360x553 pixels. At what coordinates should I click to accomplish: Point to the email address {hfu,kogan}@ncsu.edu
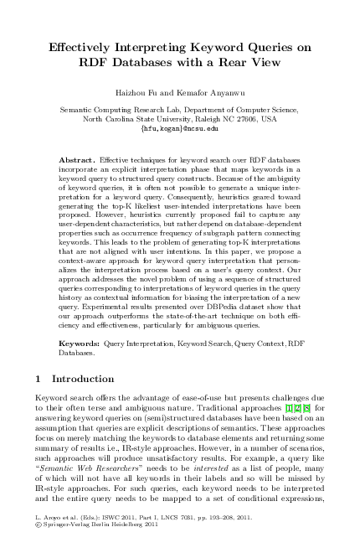pos(180,129)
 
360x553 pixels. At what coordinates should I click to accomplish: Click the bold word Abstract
pos(77,158)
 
